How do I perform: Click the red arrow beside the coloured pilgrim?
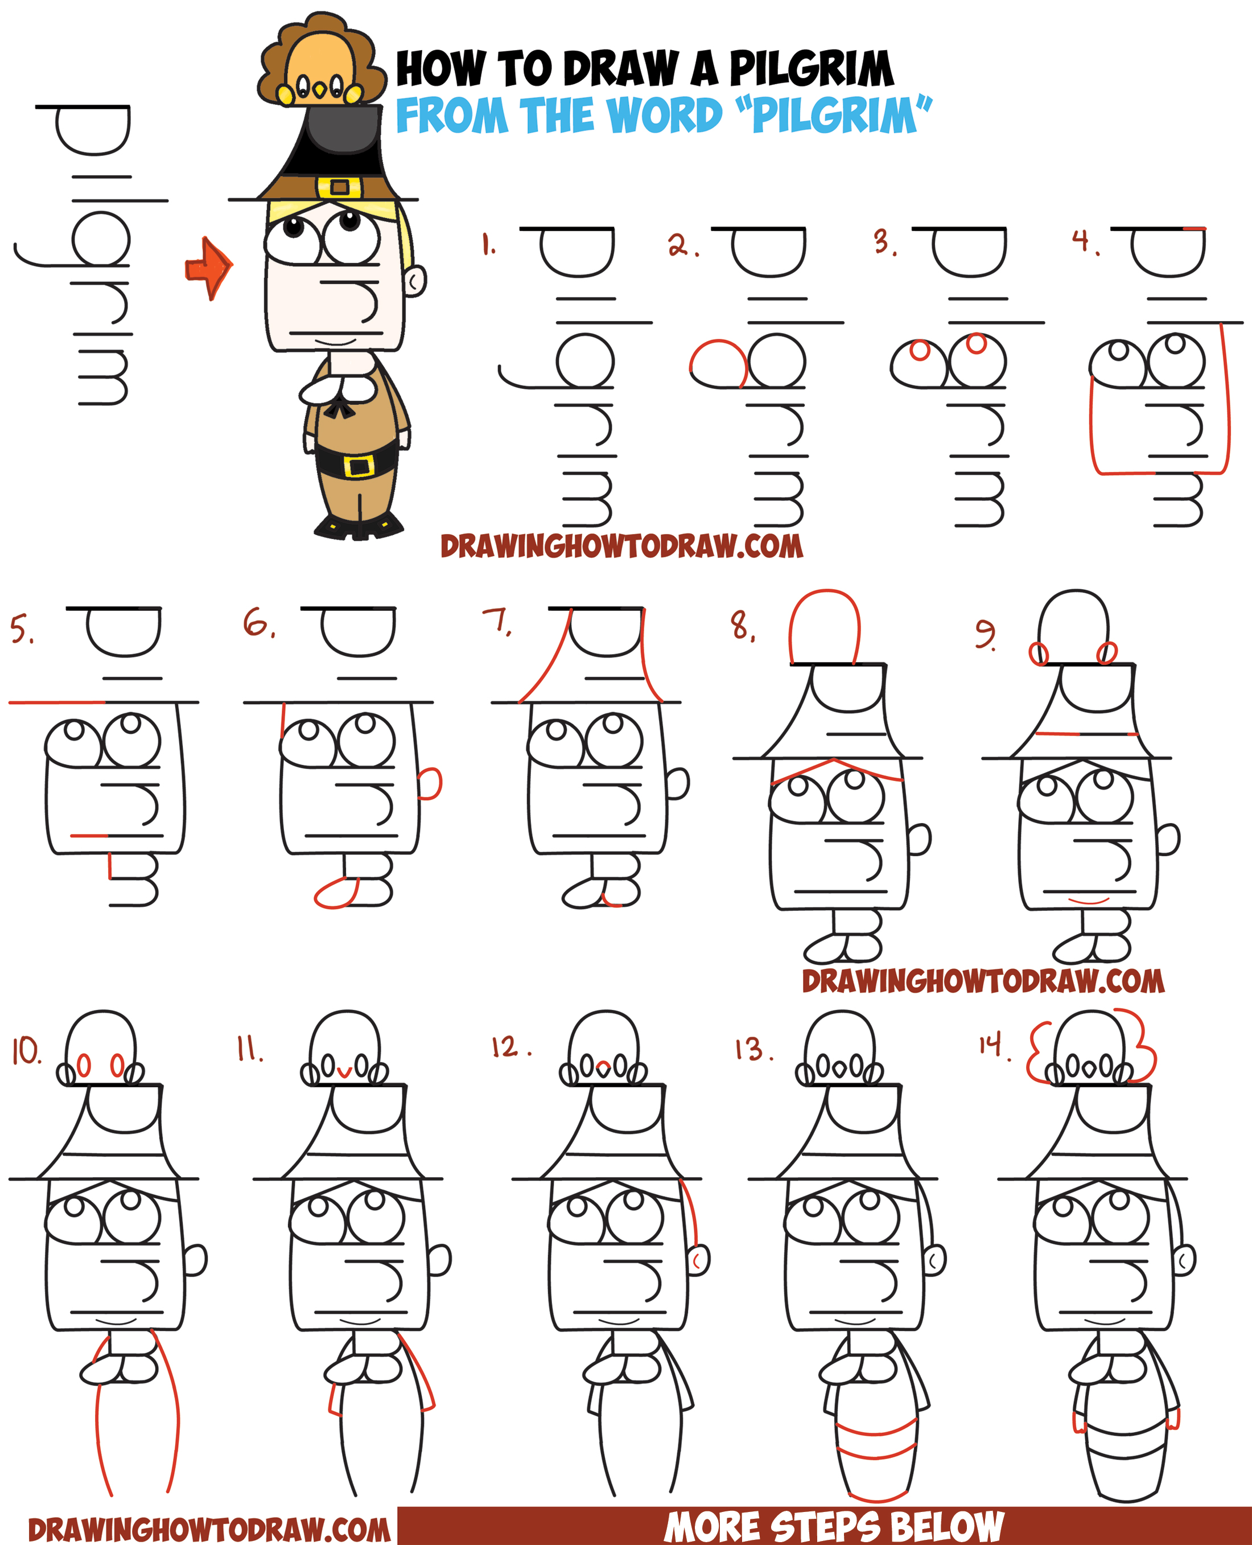point(209,268)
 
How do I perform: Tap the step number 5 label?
point(22,628)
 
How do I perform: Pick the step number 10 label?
point(27,1053)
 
